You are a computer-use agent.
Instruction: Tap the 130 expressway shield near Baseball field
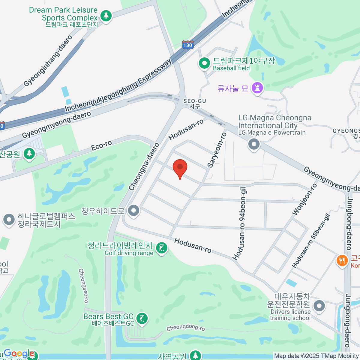(187, 45)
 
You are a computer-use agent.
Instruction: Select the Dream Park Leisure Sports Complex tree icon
(106, 15)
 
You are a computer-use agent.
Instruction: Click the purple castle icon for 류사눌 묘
(257, 88)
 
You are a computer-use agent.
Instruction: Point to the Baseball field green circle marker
(205, 63)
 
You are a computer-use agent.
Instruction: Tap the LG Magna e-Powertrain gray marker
(254, 144)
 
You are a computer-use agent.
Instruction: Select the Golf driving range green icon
(162, 248)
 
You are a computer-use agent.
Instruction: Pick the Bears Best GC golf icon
(142, 318)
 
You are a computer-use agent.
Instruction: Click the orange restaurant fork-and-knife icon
(342, 260)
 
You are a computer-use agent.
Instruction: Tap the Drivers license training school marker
(319, 306)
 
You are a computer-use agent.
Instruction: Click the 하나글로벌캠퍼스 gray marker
(9, 220)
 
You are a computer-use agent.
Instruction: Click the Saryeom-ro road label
(217, 150)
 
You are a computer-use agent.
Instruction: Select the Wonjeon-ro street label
(304, 199)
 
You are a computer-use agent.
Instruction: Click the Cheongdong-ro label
(186, 328)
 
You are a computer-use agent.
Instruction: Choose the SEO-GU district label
(195, 103)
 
